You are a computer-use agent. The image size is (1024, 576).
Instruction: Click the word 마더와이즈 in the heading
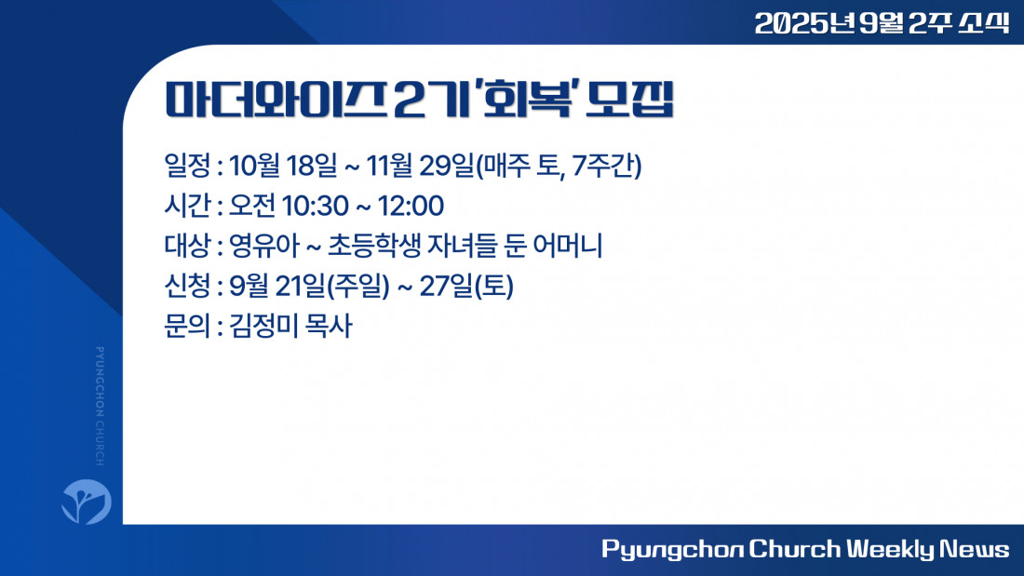pyautogui.click(x=275, y=100)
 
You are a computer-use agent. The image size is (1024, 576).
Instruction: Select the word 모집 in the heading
pyautogui.click(x=629, y=100)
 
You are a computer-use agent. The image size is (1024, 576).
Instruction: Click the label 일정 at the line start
pyautogui.click(x=187, y=166)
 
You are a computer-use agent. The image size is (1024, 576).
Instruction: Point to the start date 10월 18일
pyautogui.click(x=283, y=166)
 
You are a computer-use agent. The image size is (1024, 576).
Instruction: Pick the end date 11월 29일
pyautogui.click(x=419, y=166)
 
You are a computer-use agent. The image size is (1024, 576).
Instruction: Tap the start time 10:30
pyautogui.click(x=315, y=207)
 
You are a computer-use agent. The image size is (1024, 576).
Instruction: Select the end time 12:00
pyautogui.click(x=411, y=207)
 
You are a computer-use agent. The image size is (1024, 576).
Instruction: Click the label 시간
pyautogui.click(x=187, y=206)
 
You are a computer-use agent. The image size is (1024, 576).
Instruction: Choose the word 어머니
pyautogui.click(x=567, y=246)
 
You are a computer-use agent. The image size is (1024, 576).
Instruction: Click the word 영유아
pyautogui.click(x=263, y=246)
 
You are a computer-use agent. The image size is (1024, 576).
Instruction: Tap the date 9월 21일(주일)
pyautogui.click(x=310, y=286)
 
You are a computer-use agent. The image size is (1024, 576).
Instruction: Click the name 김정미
pyautogui.click(x=262, y=326)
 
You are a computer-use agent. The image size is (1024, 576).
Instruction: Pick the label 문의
pyautogui.click(x=187, y=326)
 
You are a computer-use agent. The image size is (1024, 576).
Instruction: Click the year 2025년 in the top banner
pyautogui.click(x=804, y=23)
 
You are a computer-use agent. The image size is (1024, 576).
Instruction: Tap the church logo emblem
pyautogui.click(x=87, y=502)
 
